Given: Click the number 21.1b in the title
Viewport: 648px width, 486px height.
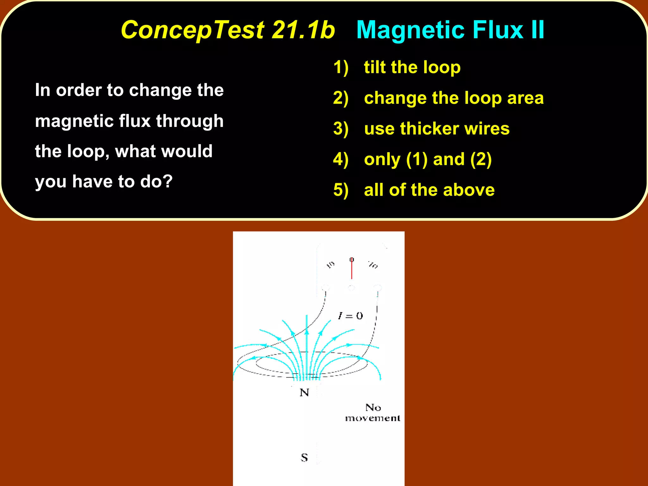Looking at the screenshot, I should click(x=303, y=30).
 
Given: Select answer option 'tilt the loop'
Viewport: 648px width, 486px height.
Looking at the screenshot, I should click(x=412, y=67).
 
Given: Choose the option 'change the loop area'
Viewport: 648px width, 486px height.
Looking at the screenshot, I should click(x=454, y=98).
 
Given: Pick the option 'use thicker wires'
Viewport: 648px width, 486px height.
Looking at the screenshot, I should click(x=437, y=128).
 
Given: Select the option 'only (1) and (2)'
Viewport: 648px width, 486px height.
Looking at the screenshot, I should click(x=428, y=159).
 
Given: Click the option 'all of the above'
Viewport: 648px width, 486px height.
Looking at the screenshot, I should click(x=429, y=190).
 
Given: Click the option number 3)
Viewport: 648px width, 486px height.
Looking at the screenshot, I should click(x=341, y=129).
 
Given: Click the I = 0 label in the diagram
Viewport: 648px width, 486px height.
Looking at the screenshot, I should click(x=350, y=316).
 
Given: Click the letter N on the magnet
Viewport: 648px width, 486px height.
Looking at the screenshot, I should click(x=304, y=393).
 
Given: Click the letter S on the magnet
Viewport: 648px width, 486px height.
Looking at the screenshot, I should click(x=304, y=458).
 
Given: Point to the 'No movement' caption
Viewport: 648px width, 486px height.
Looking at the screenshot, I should click(x=373, y=413).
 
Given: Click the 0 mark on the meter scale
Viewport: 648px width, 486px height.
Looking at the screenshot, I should click(x=352, y=259).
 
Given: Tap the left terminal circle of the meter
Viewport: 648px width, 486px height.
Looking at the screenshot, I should click(x=325, y=288).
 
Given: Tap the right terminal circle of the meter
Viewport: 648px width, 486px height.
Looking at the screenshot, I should click(x=377, y=288).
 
